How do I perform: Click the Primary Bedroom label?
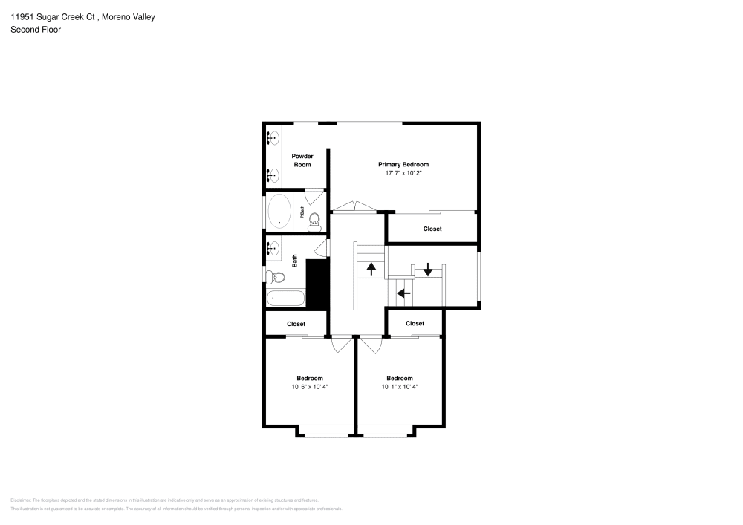[x=403, y=164]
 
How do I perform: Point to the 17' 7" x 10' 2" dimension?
[x=403, y=173]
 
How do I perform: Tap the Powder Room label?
[x=302, y=160]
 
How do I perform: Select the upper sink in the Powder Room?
[x=273, y=138]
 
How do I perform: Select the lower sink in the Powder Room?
[x=273, y=175]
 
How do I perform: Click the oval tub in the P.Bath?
[x=280, y=211]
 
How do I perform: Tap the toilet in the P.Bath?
[x=314, y=219]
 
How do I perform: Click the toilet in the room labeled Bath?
[x=276, y=278]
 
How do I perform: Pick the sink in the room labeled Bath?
[x=273, y=249]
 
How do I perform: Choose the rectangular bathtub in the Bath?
[x=285, y=299]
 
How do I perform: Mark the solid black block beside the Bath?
[x=317, y=284]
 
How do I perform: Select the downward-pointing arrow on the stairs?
[x=428, y=270]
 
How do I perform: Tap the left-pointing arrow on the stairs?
[x=403, y=293]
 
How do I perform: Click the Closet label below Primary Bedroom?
[x=432, y=229]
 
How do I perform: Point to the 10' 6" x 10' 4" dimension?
[x=309, y=387]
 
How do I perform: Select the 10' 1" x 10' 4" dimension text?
[x=400, y=387]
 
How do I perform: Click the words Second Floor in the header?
[x=36, y=30]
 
